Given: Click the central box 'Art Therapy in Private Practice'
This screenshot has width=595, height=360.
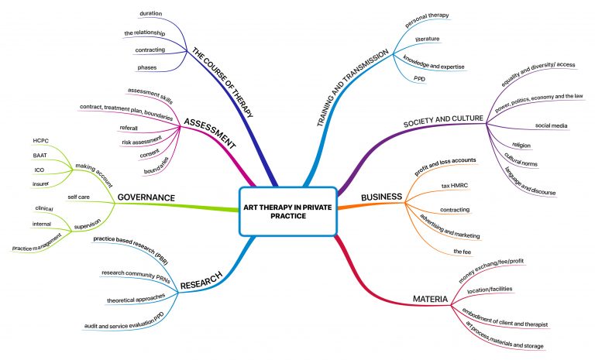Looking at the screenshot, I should (x=288, y=210).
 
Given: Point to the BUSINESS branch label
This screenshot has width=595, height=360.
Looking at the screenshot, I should (x=403, y=197).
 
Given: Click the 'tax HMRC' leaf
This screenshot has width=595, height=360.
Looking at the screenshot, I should (x=456, y=187).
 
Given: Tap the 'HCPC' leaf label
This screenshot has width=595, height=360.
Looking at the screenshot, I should (x=41, y=140).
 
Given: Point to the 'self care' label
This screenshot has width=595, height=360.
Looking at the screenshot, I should (x=78, y=197).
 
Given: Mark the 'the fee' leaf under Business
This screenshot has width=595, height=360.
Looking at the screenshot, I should (x=463, y=252).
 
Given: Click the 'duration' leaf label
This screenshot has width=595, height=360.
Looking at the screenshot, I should (x=150, y=13).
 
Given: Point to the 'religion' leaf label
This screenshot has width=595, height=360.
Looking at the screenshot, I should (x=521, y=145).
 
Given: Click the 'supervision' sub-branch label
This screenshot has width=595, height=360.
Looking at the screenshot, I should (x=88, y=227).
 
